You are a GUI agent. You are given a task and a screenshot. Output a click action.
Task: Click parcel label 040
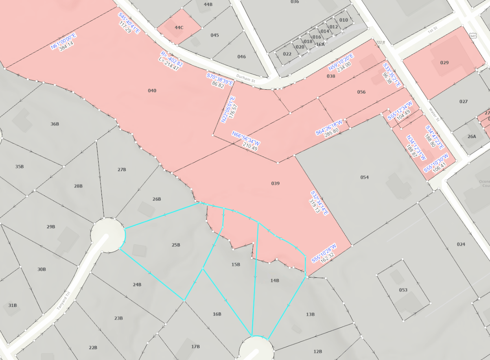(x=152, y=91)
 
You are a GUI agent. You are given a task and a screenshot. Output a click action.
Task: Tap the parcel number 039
(x=275, y=183)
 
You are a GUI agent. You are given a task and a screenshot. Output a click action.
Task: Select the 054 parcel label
(x=365, y=177)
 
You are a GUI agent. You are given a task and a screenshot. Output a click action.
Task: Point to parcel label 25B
(x=176, y=245)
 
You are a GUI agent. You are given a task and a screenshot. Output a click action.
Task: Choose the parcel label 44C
(x=179, y=27)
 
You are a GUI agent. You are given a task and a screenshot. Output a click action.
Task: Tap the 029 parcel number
(x=444, y=63)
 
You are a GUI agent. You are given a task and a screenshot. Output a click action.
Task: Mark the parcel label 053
(x=403, y=290)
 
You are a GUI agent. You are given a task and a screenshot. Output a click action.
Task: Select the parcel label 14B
(x=274, y=281)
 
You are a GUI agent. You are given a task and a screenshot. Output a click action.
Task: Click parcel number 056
(x=361, y=92)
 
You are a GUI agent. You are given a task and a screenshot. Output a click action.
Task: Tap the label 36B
(x=55, y=124)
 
